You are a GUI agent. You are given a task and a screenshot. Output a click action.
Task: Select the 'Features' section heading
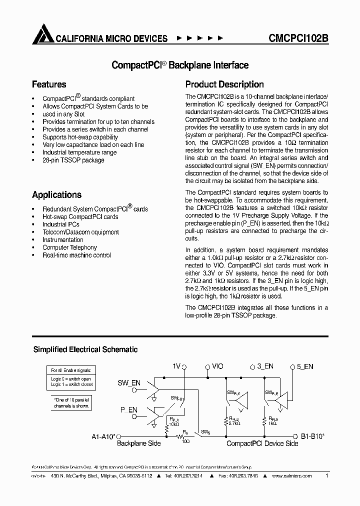[49, 84]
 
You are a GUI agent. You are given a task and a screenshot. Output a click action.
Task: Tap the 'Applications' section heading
[56, 195]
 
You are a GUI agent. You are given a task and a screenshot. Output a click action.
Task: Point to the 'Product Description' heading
[224, 84]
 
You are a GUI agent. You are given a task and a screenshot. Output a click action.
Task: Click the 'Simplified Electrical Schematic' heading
[85, 349]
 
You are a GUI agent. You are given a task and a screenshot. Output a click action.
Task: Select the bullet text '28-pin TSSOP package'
[73, 160]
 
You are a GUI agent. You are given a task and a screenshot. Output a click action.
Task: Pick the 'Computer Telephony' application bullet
[69, 247]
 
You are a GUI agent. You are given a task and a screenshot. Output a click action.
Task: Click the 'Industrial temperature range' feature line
[79, 152]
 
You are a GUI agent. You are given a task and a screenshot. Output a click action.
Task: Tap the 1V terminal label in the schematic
[176, 366]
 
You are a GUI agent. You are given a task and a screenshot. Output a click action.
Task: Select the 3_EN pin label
[265, 366]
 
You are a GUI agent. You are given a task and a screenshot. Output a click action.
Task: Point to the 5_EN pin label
[304, 366]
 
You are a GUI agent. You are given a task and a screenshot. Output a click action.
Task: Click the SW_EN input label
[129, 383]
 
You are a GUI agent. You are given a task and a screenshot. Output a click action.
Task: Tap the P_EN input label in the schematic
[128, 410]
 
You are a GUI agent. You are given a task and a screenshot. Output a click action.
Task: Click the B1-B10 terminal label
[312, 436]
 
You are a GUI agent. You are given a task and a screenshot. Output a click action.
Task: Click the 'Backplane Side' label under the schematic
[138, 443]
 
